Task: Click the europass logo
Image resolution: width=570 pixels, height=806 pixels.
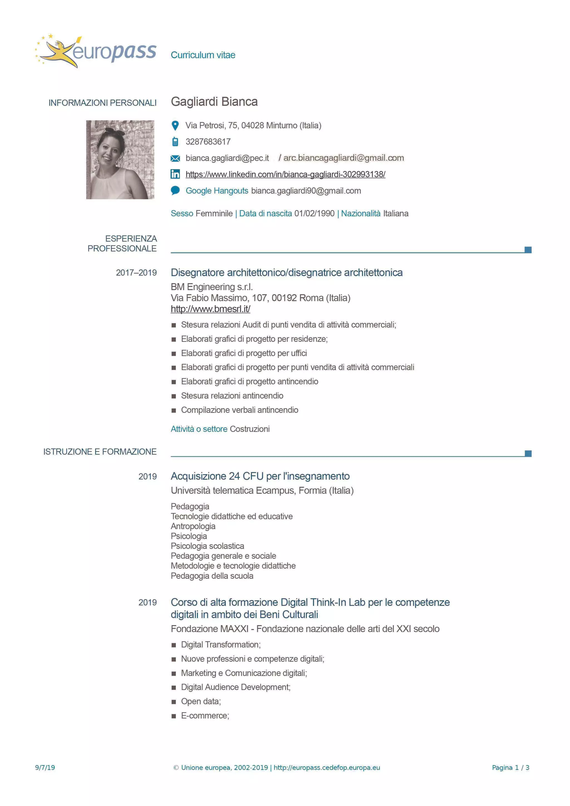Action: point(95,51)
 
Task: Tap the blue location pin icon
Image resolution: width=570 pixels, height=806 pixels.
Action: point(175,125)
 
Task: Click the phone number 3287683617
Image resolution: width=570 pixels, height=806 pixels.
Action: point(208,142)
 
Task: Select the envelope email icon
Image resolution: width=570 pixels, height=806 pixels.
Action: point(175,158)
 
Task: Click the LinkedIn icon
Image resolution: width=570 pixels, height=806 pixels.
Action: point(175,174)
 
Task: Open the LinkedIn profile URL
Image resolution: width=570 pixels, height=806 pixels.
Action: point(285,174)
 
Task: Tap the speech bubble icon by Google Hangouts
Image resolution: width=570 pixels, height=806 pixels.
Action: point(175,190)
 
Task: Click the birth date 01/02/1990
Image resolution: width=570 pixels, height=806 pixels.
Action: point(314,213)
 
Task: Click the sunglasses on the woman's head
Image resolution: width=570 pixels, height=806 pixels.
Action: point(114,132)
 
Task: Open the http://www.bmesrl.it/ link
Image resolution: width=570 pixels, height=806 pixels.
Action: point(210,309)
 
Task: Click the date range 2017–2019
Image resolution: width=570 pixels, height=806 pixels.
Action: point(136,273)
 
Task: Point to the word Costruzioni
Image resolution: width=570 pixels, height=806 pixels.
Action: point(249,429)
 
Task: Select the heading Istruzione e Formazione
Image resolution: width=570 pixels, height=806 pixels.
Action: point(100,452)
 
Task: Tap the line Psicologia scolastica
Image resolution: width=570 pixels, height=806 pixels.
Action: point(207,546)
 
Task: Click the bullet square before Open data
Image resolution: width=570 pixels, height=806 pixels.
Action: point(173,702)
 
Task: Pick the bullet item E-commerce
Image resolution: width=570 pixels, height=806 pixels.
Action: point(205,716)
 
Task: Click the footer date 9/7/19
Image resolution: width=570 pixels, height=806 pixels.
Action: point(45,768)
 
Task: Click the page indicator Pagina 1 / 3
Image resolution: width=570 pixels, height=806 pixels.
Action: point(510,768)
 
